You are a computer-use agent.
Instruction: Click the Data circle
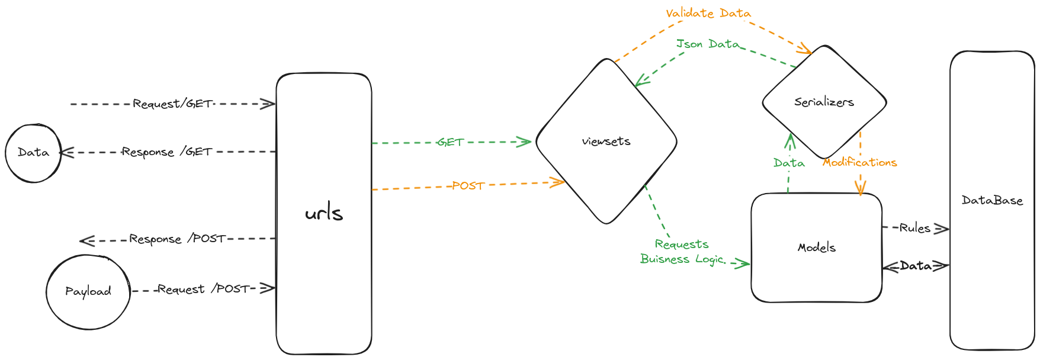(x=33, y=153)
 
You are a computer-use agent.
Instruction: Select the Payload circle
(x=88, y=291)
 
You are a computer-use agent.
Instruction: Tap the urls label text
(x=324, y=213)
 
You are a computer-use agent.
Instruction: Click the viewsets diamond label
(x=606, y=142)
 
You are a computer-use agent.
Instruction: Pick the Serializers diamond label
(x=824, y=102)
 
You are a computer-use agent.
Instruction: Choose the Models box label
(x=817, y=247)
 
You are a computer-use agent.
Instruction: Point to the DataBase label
(x=992, y=201)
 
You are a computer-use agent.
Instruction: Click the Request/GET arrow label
(x=172, y=104)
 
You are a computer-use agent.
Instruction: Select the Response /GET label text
(x=166, y=152)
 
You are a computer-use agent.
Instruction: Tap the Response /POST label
(x=177, y=239)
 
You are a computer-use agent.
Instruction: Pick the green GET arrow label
(x=451, y=142)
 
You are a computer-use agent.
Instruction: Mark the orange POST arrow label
(x=468, y=186)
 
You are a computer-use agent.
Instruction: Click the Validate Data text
(x=708, y=13)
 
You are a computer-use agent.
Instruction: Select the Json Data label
(x=708, y=44)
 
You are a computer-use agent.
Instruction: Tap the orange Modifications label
(x=859, y=162)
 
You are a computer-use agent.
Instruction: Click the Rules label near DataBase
(x=914, y=228)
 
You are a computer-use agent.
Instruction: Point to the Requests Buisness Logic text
(x=682, y=252)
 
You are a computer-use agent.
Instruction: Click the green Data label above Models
(x=789, y=163)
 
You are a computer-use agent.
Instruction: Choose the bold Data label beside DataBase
(x=916, y=266)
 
